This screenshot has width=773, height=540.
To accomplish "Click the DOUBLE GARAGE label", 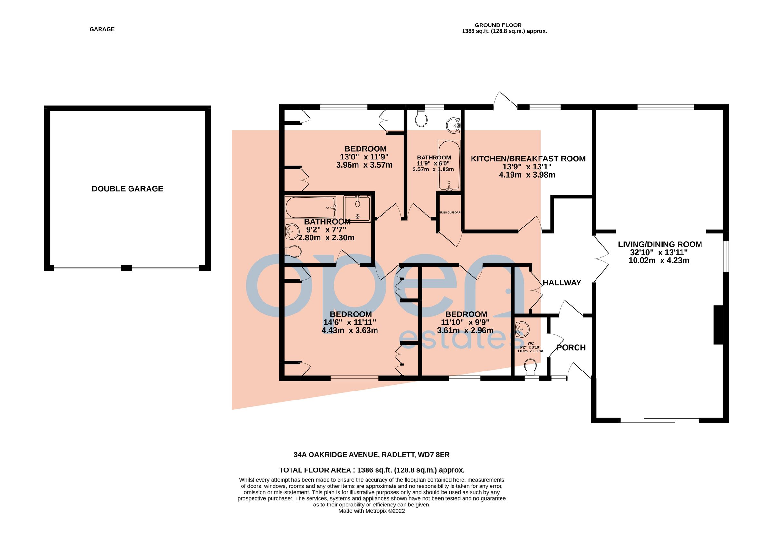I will click(127, 189).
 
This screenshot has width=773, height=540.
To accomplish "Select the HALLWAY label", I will click(562, 283).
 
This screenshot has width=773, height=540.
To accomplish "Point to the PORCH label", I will click(571, 347).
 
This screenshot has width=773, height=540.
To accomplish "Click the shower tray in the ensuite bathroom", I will click(357, 209).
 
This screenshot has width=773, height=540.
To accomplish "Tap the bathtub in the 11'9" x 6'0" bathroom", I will click(449, 165).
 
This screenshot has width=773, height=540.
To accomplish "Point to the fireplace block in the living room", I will click(718, 325).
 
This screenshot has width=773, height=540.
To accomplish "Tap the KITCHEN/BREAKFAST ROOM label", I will click(528, 159).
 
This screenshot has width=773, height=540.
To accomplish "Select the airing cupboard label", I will click(450, 213).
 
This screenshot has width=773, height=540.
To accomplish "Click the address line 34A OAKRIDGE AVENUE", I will click(371, 454).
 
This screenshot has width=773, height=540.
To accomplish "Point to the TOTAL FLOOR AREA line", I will click(372, 470).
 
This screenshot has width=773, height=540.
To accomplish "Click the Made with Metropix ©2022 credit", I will click(371, 511).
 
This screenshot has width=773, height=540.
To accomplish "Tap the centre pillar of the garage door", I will click(126, 268).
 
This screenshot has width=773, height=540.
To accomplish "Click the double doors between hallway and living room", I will click(601, 258).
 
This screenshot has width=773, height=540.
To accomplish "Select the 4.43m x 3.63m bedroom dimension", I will click(349, 331).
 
